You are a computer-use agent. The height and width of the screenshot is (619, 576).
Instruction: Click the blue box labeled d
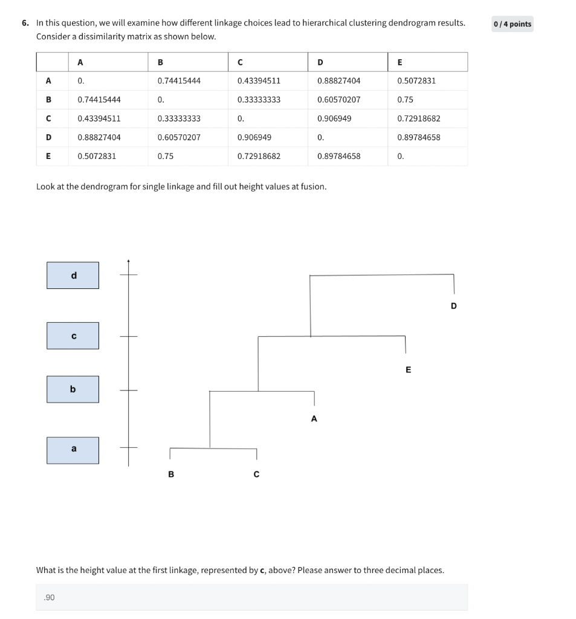point(73,276)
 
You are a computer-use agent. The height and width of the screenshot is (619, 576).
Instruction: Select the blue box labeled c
point(73,335)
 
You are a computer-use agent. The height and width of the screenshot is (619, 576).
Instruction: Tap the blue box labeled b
point(73,389)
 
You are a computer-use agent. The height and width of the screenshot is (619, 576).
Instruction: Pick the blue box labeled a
point(73,450)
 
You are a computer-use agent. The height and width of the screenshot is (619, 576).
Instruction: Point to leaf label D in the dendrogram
point(454,306)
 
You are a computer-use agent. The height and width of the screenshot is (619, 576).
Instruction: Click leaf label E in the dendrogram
point(408,369)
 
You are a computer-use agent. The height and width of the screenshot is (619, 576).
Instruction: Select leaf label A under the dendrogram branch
point(314,418)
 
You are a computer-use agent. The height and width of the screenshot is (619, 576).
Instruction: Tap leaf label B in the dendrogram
point(170,475)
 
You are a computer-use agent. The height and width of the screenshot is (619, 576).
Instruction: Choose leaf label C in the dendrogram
point(256,475)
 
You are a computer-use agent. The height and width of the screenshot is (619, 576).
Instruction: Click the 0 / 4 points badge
point(512,24)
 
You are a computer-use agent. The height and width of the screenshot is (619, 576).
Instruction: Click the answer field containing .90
point(251,597)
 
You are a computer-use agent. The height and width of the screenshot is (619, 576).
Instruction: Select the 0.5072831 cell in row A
point(416,80)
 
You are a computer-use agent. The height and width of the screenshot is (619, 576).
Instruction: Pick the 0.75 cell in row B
point(405,99)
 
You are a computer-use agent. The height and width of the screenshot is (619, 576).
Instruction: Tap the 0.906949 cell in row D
point(254,137)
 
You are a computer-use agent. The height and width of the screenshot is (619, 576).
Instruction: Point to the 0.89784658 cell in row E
point(338,156)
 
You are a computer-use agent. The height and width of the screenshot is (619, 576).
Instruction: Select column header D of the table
point(320,62)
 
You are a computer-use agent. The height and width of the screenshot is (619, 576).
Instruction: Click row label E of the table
point(48,156)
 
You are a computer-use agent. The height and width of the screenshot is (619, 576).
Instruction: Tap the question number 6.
point(25,23)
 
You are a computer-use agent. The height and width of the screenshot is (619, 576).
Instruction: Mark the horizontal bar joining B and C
point(213,449)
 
